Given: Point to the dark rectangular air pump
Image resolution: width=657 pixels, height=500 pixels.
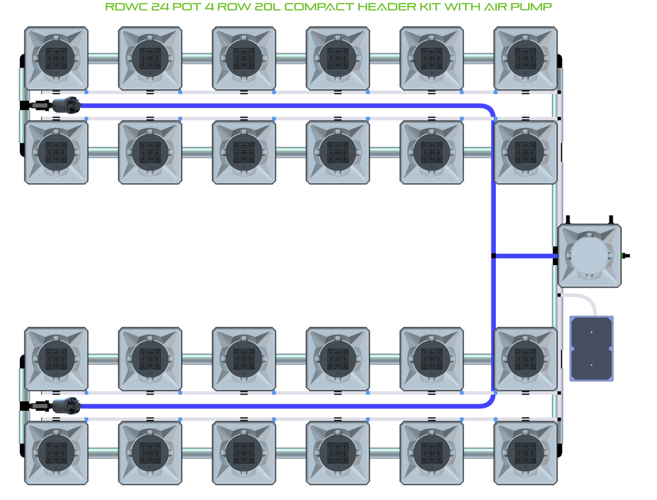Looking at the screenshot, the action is (x=591, y=349).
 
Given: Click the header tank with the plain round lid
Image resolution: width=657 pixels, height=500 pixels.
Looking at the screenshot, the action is (x=589, y=255).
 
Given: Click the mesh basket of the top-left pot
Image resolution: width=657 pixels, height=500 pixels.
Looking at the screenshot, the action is (x=56, y=58).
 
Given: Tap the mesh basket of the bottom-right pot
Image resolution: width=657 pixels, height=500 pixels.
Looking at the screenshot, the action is (x=525, y=453).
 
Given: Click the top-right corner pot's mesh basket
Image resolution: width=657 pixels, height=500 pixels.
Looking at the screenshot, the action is (x=525, y=58).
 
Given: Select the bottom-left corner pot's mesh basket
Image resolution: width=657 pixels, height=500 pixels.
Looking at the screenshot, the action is (x=56, y=453).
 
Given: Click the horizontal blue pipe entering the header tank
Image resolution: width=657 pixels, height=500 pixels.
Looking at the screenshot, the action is (x=525, y=255).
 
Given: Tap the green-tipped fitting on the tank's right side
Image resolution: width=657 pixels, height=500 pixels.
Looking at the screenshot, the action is (x=625, y=255).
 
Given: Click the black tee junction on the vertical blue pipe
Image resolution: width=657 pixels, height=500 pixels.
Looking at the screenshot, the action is (x=493, y=255).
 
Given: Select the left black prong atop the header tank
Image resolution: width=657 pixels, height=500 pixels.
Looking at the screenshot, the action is (x=568, y=220).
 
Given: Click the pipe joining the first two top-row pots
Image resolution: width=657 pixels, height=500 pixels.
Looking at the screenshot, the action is (x=103, y=58).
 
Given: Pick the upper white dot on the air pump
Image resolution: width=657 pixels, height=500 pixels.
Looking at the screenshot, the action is (x=591, y=332).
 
